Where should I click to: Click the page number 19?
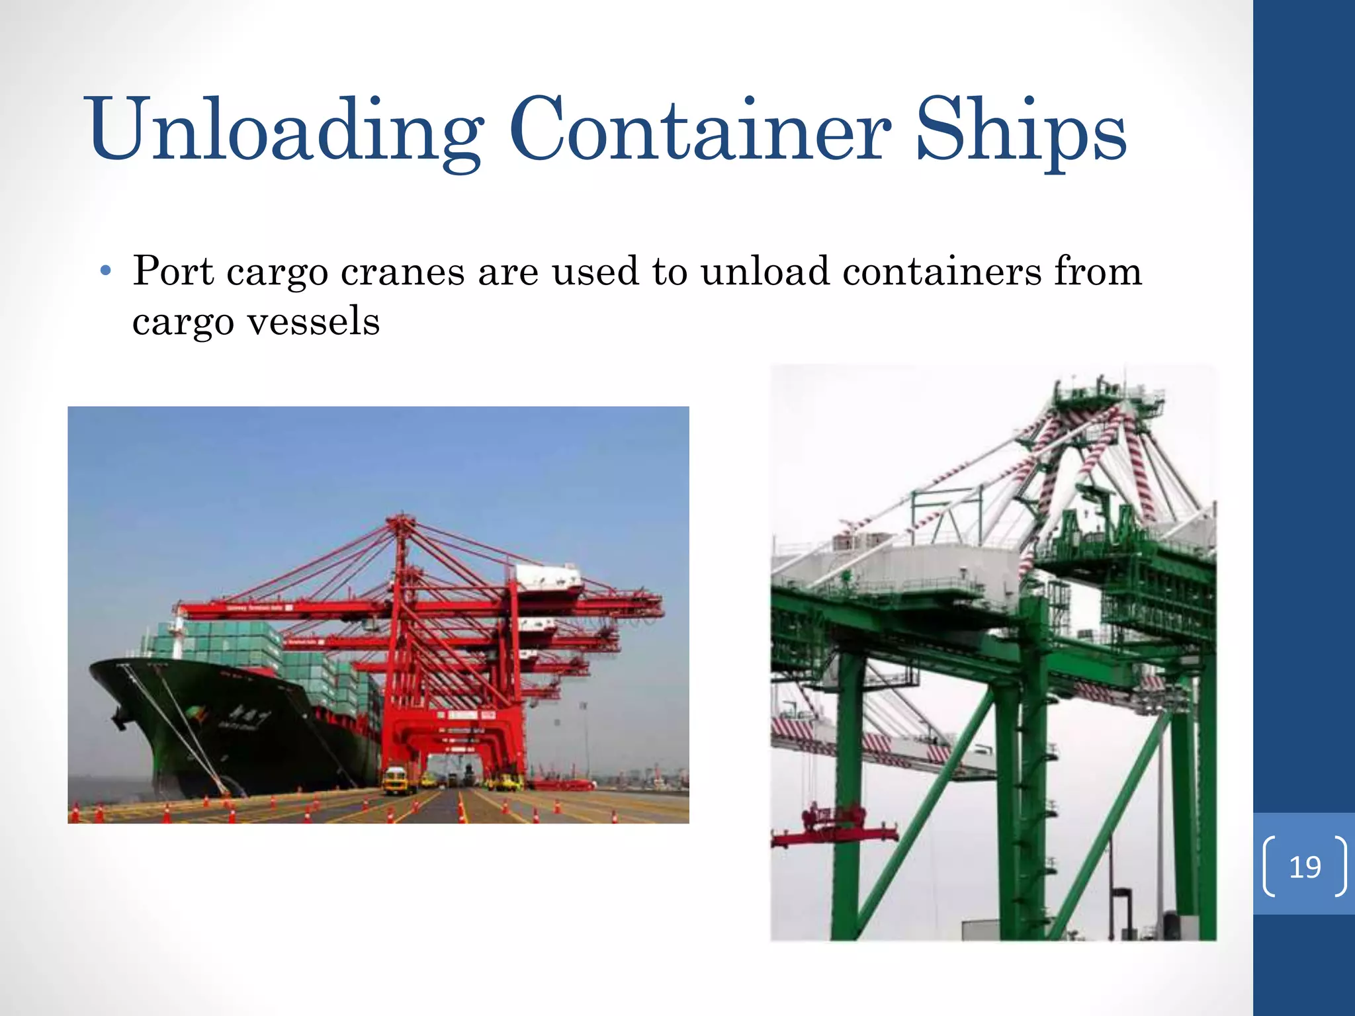[x=1305, y=867]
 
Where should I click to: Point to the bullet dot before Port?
[x=105, y=272]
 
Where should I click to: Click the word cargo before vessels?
[x=183, y=323]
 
